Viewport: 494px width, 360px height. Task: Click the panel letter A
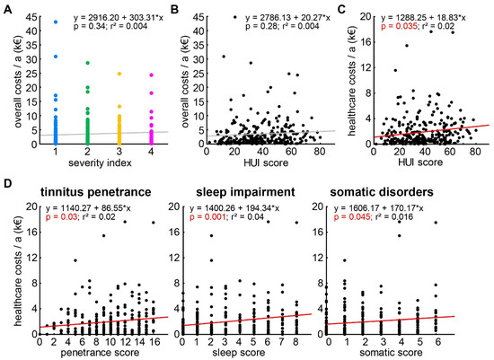[x=7, y=10]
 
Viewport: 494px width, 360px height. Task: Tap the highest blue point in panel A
[x=56, y=22]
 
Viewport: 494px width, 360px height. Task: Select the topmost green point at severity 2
[x=88, y=63]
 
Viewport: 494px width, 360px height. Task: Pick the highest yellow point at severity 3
[x=119, y=74]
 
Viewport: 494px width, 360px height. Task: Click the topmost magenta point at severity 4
[x=151, y=75]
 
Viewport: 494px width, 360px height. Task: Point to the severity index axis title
[x=100, y=162]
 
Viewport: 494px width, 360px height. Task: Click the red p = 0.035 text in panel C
[x=399, y=26]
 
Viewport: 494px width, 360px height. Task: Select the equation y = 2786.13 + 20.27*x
[x=287, y=18]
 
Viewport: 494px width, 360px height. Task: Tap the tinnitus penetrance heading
[x=95, y=192]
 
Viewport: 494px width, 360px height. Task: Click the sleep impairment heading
[x=245, y=192]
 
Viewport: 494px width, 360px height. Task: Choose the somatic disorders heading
[x=382, y=192]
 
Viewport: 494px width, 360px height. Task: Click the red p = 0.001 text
[x=207, y=216]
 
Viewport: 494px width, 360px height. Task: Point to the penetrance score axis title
[x=100, y=352]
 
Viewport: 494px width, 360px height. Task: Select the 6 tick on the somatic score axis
[x=436, y=342]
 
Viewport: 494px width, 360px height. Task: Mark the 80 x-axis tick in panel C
[x=475, y=152]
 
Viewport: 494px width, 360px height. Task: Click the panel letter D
[x=7, y=184]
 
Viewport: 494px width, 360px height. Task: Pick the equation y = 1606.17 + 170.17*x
[x=379, y=208]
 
